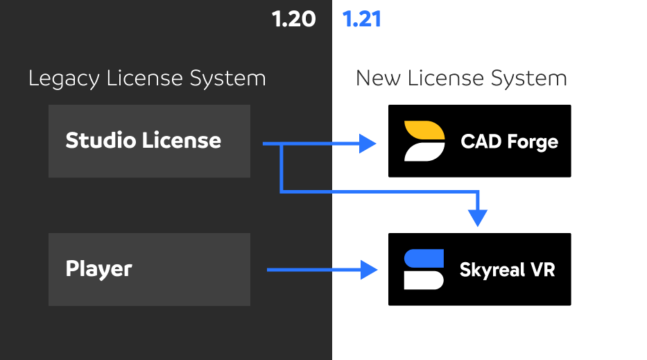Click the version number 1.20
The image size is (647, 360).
[293, 19]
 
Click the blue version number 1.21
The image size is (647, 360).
[362, 19]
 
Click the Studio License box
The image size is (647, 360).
[149, 141]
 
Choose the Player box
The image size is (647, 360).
[149, 269]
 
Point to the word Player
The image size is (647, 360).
[98, 269]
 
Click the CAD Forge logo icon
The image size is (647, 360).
[424, 141]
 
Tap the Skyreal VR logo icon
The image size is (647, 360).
[424, 269]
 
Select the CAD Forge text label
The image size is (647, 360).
[509, 142]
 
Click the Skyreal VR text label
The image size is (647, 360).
[507, 270]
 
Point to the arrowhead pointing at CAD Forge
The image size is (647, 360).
[368, 144]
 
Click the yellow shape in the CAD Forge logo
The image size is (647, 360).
[423, 131]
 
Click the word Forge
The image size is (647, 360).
[532, 142]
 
